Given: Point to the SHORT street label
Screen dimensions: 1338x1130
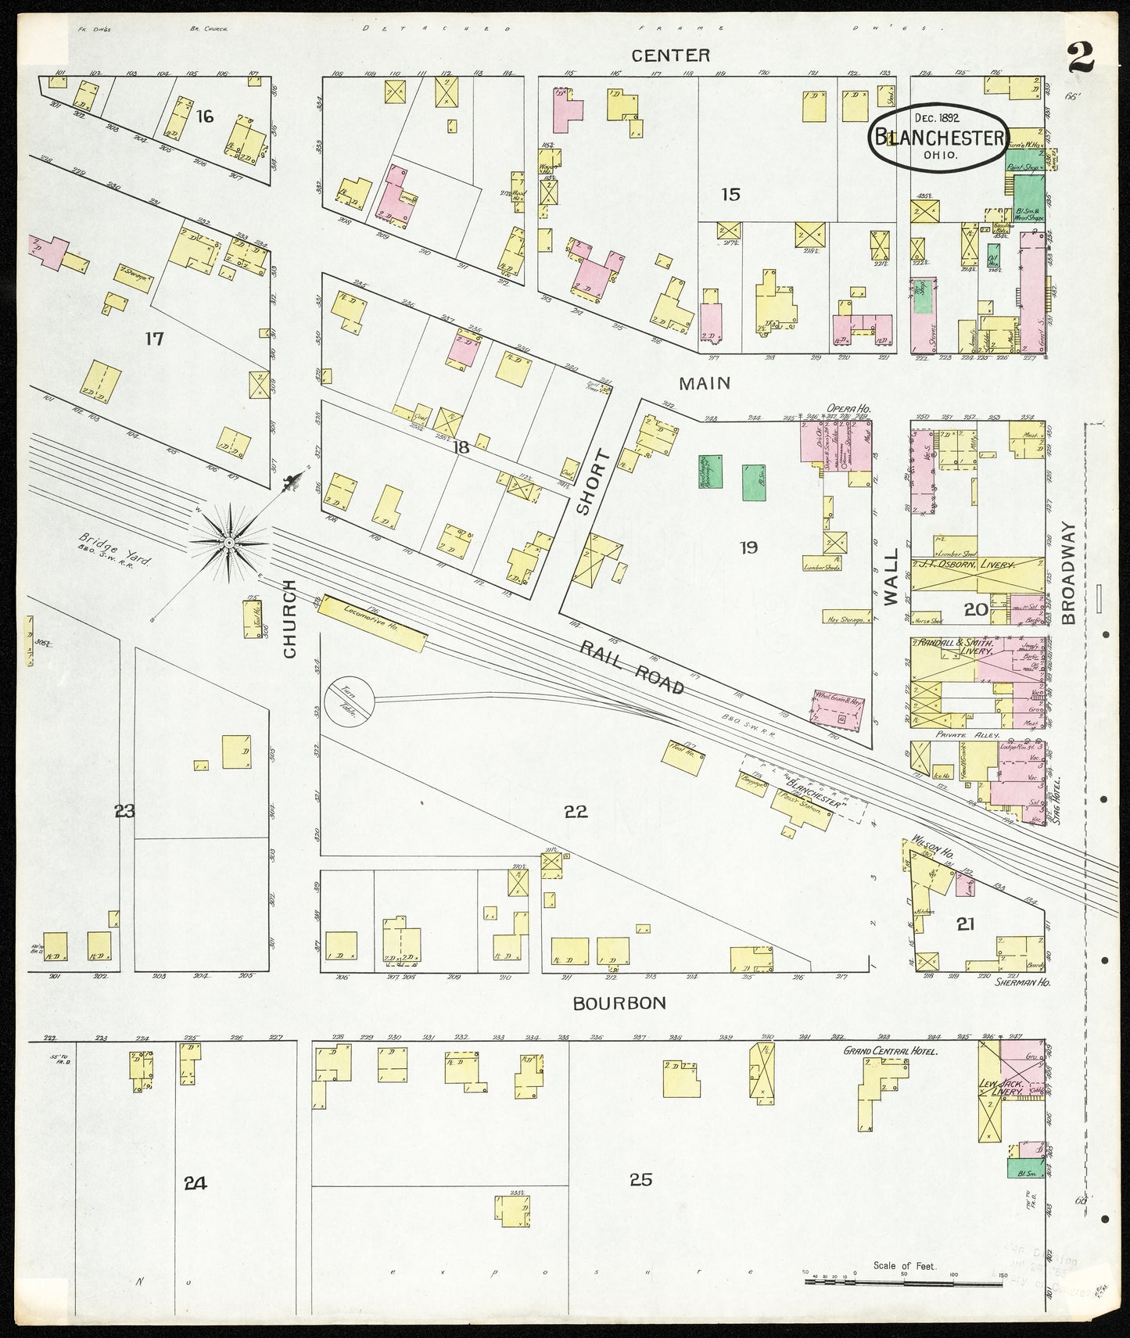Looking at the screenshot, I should tap(583, 482).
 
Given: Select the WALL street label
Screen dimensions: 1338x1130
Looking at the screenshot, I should tap(891, 586).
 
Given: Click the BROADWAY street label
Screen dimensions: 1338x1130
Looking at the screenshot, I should tap(1070, 573).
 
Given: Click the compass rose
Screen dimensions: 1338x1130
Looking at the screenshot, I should tap(229, 542).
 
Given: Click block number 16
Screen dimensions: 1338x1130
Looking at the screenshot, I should tap(205, 117).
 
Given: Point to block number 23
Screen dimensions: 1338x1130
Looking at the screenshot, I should tap(124, 812).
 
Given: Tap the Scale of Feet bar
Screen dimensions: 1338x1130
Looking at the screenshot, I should tap(905, 1281).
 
